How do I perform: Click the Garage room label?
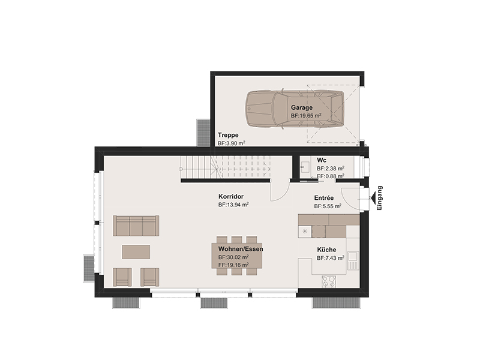point(302,107)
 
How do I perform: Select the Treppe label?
point(228,135)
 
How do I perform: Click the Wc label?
point(322,160)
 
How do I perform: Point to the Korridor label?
point(231,197)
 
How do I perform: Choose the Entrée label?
point(324,198)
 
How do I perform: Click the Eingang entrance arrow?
point(373,198)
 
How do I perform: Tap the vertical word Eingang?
point(380,198)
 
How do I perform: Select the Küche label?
point(326,250)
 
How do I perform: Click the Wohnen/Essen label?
point(241,249)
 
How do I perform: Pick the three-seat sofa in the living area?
point(136,226)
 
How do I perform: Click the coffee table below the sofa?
point(136,252)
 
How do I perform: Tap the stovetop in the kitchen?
point(328,281)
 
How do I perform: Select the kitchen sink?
point(353,260)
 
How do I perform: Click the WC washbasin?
point(304,167)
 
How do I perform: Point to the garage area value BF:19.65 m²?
point(306,116)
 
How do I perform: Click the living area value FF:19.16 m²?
point(233,265)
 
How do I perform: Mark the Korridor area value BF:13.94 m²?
point(233,205)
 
